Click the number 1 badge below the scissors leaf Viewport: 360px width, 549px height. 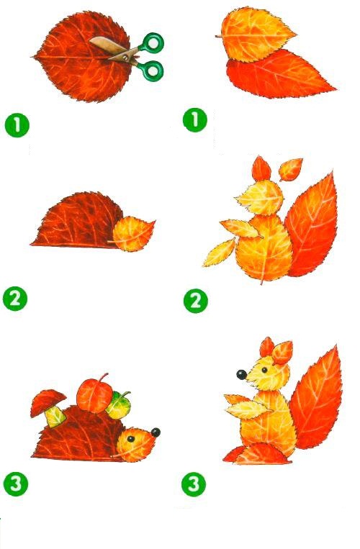17,125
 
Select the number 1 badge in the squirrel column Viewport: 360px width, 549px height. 195,120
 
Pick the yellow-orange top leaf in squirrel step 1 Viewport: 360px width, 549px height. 256,35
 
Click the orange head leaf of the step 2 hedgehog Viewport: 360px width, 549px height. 133,234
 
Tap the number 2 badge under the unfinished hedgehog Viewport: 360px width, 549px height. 14,299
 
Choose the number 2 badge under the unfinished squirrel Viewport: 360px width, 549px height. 196,301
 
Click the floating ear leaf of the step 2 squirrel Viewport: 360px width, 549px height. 290,170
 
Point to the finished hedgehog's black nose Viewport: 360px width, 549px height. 156,432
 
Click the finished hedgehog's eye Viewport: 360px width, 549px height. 130,439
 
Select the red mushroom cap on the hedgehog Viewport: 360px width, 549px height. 48,401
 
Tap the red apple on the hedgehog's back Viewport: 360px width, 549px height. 94,394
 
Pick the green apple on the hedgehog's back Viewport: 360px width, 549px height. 119,405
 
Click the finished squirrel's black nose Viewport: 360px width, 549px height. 242,375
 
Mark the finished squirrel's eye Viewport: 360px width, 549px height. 264,370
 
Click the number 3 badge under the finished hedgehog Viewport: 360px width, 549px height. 16,484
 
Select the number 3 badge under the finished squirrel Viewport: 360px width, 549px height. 194,484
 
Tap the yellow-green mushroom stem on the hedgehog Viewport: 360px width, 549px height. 55,417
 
